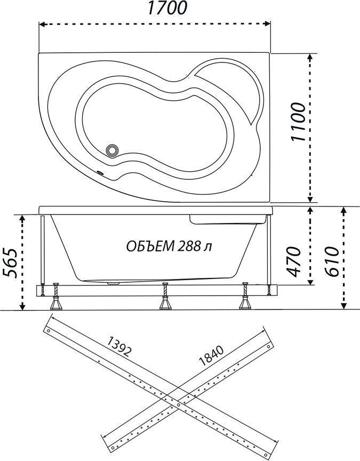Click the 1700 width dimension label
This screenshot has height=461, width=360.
coord(166,8)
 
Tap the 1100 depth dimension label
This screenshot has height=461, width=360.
coord(298,122)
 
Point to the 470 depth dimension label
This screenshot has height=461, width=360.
coord(293,261)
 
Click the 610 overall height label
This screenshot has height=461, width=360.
coord(332,261)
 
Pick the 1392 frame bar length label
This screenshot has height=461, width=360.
coord(118,346)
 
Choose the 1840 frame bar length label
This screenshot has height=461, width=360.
coord(211,355)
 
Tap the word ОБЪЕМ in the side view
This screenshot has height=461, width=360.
coord(150,247)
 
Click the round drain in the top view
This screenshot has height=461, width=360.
coord(112,150)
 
